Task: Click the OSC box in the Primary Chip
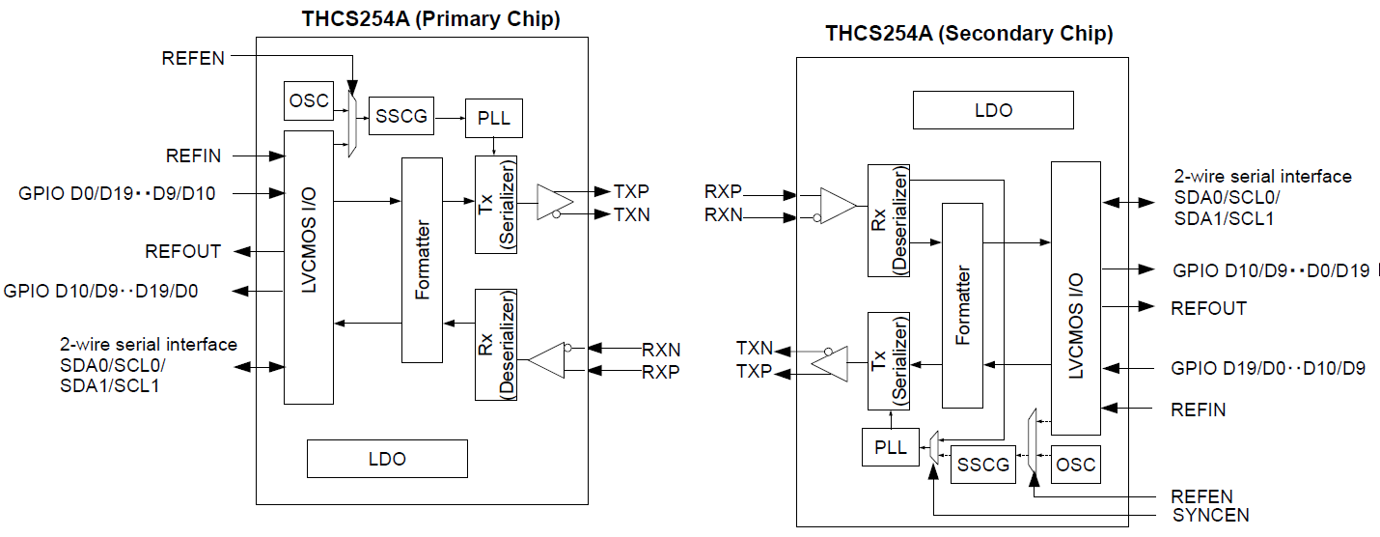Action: [x=309, y=100]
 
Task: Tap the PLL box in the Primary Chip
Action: [x=493, y=120]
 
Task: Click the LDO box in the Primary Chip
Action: [x=387, y=459]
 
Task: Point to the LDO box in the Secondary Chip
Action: [x=993, y=110]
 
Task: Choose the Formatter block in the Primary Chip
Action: [x=422, y=260]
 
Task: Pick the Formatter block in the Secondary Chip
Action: [x=961, y=305]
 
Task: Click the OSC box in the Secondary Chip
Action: [x=1075, y=465]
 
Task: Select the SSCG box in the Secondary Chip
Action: [x=983, y=466]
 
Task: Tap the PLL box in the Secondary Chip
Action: [x=890, y=448]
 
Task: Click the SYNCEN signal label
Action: [x=1210, y=516]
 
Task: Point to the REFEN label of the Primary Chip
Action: [x=193, y=58]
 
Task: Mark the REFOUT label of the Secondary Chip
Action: [x=1208, y=308]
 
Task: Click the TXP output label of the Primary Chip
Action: [x=631, y=191]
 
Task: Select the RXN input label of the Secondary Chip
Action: [x=723, y=215]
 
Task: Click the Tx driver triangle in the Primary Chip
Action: [x=556, y=201]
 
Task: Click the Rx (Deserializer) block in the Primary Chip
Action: [x=496, y=344]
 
